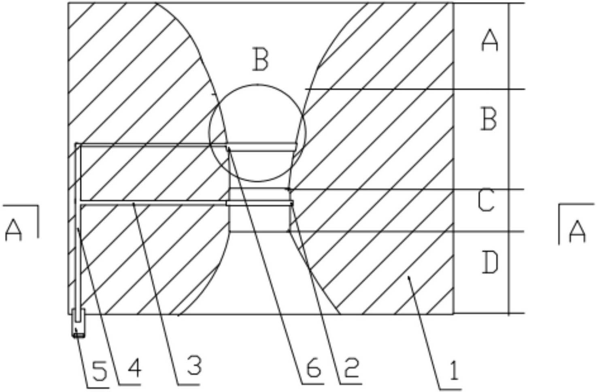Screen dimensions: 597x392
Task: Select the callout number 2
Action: [x=351, y=368]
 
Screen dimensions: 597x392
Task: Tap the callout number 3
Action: [x=194, y=365]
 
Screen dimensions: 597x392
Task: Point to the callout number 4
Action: [x=135, y=368]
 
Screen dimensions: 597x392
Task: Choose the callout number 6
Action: [x=314, y=368]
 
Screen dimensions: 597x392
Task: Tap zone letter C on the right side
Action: [x=486, y=201]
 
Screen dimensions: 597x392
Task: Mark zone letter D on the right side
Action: [x=490, y=263]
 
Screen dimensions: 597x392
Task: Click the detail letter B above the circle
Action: [x=260, y=59]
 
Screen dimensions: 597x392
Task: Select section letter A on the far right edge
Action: [x=577, y=232]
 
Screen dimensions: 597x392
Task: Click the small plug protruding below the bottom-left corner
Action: [x=79, y=323]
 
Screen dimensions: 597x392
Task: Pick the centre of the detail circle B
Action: [x=257, y=133]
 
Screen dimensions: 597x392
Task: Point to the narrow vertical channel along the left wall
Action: [x=78, y=227]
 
